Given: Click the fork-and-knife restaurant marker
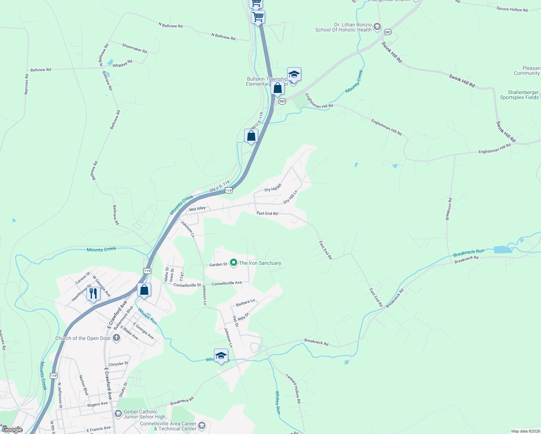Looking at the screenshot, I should tap(93, 293).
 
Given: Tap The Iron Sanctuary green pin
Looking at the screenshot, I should tap(234, 263).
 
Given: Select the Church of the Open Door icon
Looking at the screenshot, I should tap(116, 338).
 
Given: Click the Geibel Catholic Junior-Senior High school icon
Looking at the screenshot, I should tap(118, 413).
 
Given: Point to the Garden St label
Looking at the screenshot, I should tap(218, 265).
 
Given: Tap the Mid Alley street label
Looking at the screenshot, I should tap(197, 209).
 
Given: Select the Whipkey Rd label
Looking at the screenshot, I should tap(122, 64).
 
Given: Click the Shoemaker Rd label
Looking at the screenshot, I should tap(135, 48).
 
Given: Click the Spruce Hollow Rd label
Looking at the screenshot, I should tap(512, 9).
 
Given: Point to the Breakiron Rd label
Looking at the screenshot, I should tap(449, 209).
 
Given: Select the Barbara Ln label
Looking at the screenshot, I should tap(245, 303).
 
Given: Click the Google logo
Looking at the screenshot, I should tap(12, 430).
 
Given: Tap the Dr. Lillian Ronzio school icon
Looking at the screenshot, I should tap(377, 26).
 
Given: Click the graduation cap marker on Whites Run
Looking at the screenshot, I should tap(221, 356).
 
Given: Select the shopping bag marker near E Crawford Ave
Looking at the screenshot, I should tap(144, 290).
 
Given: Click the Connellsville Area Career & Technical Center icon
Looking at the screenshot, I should tap(202, 426).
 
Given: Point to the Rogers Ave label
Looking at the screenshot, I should tap(97, 404).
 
